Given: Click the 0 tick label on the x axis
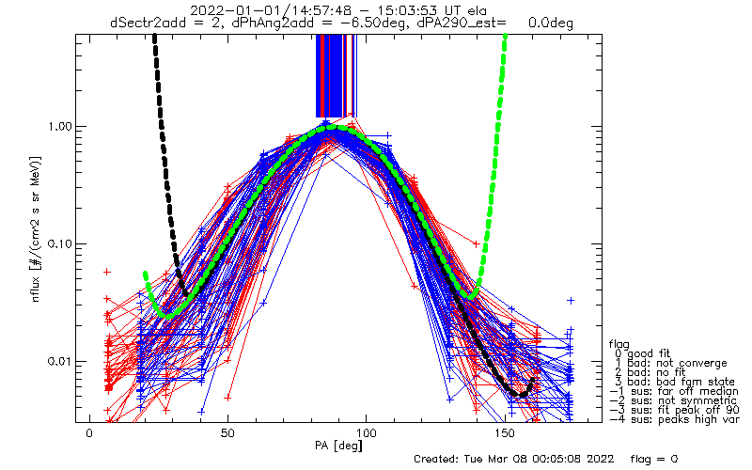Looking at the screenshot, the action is coord(89,433).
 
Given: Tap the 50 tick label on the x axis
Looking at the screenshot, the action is coord(227,433).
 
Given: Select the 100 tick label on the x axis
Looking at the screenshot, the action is coord(366,433).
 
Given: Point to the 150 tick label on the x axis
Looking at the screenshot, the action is coord(505,433).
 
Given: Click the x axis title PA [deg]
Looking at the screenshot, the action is coord(338,446).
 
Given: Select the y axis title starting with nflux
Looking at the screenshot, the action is coord(36,229).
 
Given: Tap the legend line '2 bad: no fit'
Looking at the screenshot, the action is coord(650,372).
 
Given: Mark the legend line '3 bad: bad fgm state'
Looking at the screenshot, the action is coord(674,382).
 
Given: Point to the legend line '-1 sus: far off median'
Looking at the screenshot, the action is coord(674,391).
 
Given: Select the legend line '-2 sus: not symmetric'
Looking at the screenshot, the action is coord(673,400).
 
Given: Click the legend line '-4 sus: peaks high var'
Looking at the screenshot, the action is coord(674,419).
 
